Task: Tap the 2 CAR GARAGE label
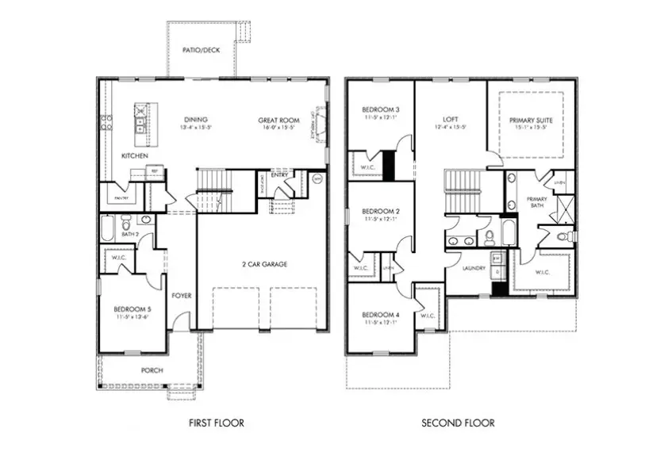click(x=265, y=264)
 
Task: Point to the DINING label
click(x=196, y=121)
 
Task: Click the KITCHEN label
click(x=134, y=156)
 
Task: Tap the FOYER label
click(x=182, y=295)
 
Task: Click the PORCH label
click(x=152, y=370)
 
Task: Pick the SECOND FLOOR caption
click(x=457, y=423)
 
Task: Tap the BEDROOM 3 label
click(x=380, y=109)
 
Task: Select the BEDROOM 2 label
click(x=380, y=211)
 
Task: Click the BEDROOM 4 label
click(x=380, y=315)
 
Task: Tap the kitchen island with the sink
click(x=141, y=120)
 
